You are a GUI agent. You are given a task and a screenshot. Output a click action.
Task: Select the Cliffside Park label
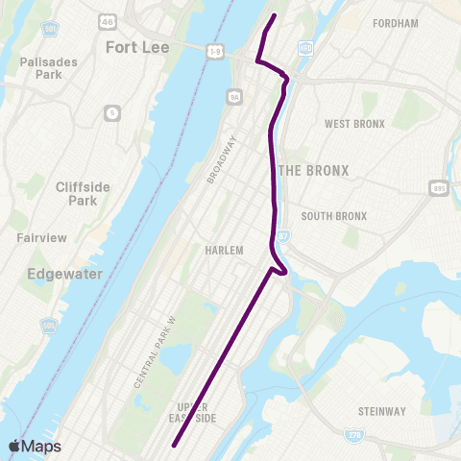[76, 193]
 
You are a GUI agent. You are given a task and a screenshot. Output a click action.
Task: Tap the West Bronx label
[354, 124]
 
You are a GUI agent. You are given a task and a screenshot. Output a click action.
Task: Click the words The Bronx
[313, 170]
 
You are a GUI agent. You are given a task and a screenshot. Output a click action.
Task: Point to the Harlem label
[224, 250]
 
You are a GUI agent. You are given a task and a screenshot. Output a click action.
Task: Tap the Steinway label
[381, 411]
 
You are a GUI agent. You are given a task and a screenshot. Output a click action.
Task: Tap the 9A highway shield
[233, 96]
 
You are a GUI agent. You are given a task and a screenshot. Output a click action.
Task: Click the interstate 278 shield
[352, 437]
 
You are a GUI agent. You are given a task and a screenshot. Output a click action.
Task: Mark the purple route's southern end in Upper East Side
[175, 445]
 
